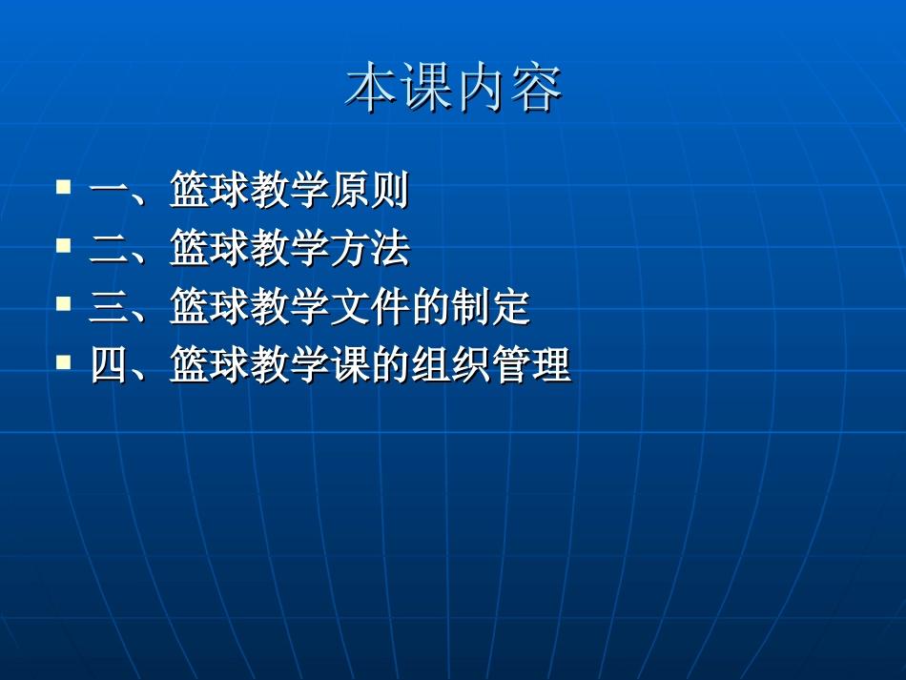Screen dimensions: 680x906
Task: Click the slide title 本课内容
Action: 453,89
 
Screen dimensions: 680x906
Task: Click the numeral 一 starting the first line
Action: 109,191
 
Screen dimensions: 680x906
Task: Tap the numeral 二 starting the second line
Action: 109,249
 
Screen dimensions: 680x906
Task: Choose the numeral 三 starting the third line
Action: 109,308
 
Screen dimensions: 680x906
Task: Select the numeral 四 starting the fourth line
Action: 109,366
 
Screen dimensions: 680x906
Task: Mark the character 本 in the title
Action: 371,89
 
